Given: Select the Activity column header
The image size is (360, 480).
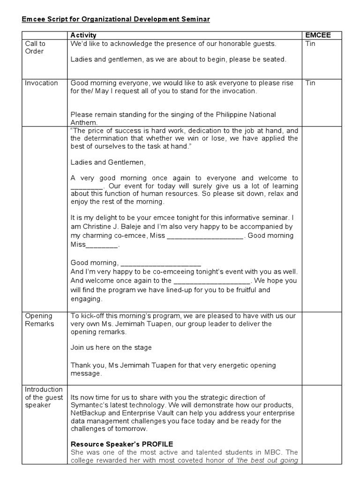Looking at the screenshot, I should pos(83,35).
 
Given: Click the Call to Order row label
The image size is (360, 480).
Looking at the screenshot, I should pos(35,47).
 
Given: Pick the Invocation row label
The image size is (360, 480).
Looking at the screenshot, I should pos(41,83).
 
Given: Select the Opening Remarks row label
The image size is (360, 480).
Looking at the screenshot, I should pos(39,320).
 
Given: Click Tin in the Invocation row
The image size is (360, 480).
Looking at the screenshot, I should pos(310,83).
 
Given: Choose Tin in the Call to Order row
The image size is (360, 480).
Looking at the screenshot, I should pos(310,44).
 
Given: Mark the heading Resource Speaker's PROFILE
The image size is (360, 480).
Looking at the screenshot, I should pos(122,444).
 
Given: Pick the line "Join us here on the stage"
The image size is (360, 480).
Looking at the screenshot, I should pos(111,347).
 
